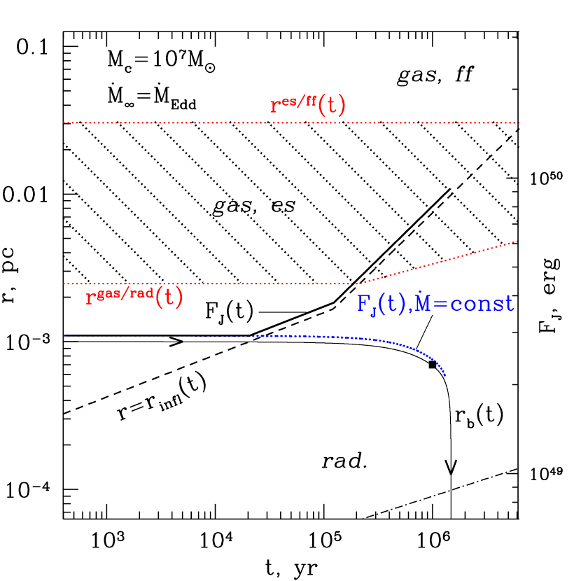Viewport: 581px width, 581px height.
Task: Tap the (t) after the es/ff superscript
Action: pos(331,106)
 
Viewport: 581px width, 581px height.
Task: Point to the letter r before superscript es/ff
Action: pos(275,107)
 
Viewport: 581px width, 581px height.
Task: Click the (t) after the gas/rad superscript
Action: pos(169,298)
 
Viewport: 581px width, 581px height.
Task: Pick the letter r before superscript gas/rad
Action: pos(90,300)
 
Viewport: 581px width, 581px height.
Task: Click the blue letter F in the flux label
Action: pos(363,304)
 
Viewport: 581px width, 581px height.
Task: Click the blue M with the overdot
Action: pos(423,304)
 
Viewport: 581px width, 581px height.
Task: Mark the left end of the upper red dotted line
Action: pos(64,122)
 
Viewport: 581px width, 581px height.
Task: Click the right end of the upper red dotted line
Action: pos(518,122)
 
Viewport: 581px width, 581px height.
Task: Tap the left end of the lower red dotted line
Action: pos(64,283)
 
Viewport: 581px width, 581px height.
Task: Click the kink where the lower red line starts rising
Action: pos(358,283)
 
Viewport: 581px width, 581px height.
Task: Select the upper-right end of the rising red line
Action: pos(517,241)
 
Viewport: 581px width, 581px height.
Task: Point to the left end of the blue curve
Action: pos(64,336)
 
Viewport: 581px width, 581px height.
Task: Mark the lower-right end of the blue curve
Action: pos(444,375)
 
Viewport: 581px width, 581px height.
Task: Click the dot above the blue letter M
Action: pos(423,290)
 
